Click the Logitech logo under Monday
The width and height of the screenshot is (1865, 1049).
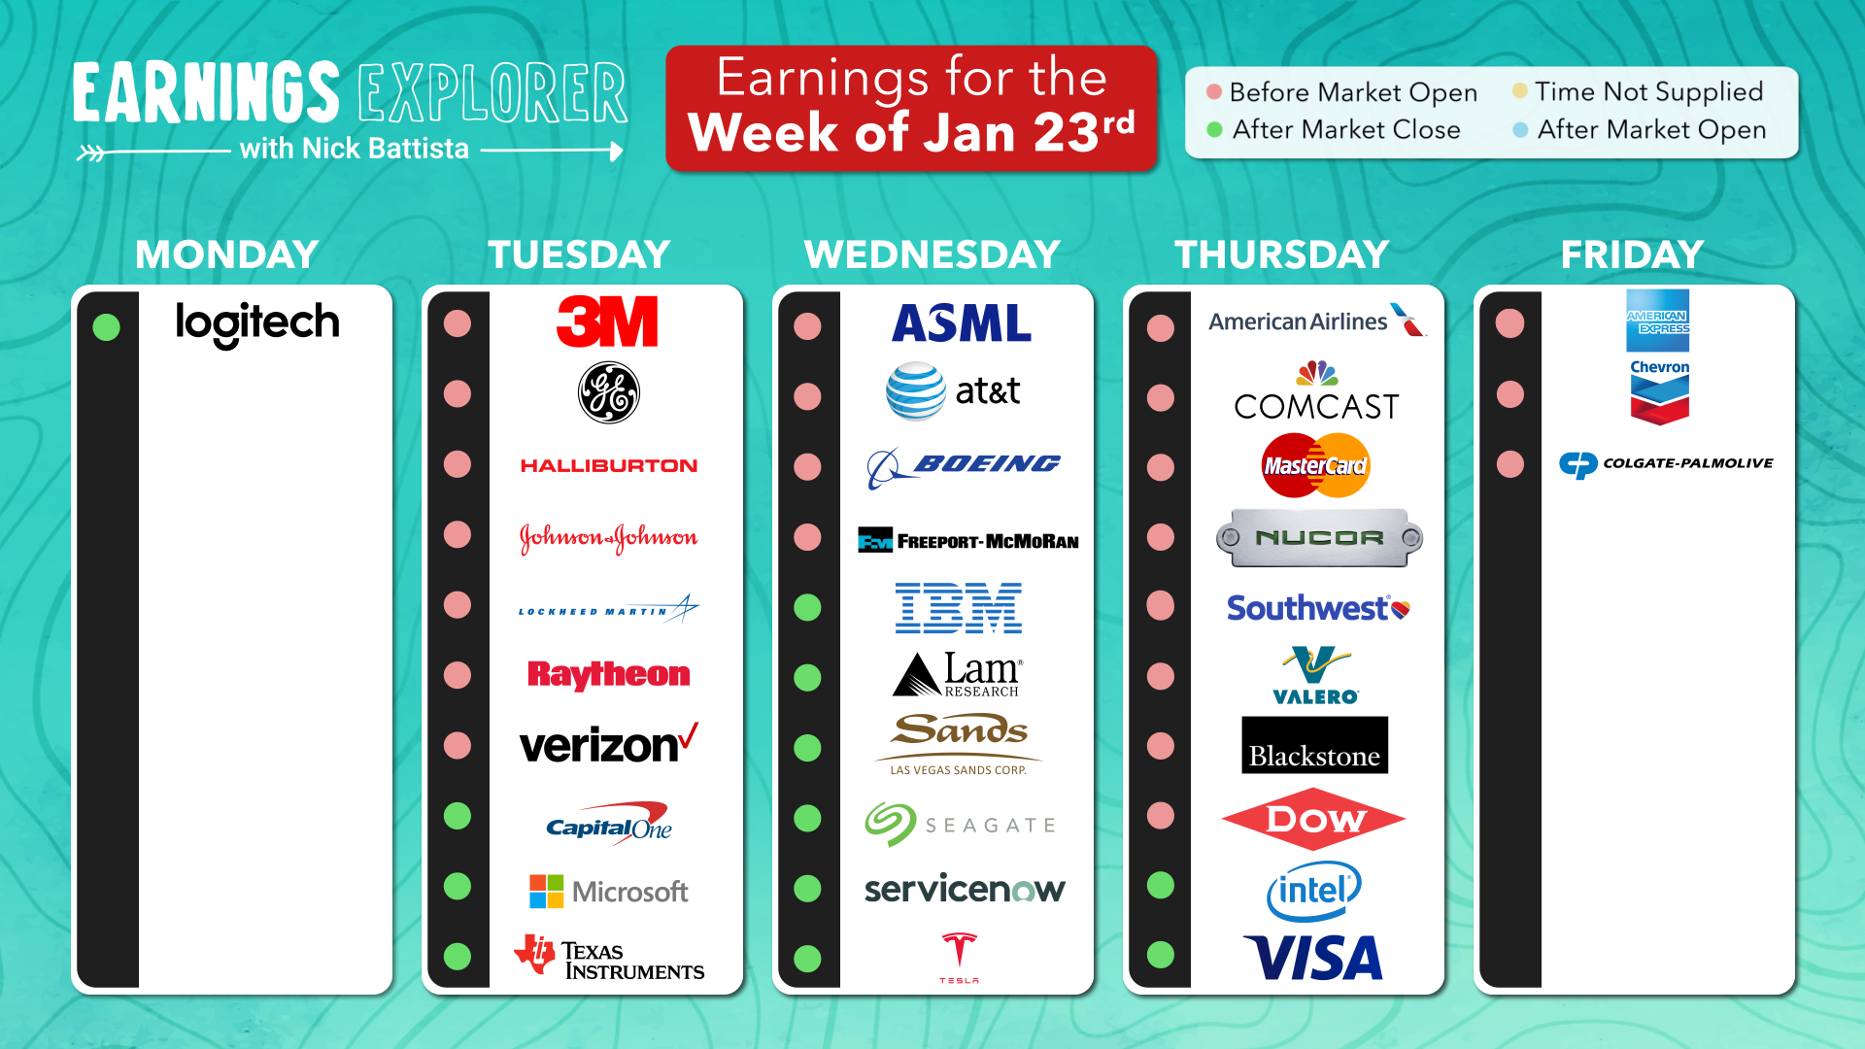pos(257,323)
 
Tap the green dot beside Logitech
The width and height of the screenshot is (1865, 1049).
pos(106,327)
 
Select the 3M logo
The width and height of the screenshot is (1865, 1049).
pos(607,321)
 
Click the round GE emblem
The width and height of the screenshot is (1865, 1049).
pos(609,393)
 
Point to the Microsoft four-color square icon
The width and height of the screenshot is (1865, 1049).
pos(546,892)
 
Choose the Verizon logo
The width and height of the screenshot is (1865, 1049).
pos(609,744)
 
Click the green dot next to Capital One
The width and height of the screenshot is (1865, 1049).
pos(458,816)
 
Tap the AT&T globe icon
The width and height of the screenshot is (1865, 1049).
pos(915,391)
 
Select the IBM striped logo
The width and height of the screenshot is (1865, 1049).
pos(959,608)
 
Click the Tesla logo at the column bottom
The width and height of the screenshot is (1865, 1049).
pos(959,958)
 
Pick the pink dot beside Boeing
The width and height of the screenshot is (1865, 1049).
pos(807,467)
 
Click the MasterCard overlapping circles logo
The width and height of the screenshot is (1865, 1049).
pos(1315,465)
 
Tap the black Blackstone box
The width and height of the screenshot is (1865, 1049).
pos(1314,745)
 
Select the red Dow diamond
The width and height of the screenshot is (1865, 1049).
pos(1313,819)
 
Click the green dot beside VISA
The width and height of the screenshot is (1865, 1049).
pos(1160,955)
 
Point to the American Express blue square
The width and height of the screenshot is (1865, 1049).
pos(1658,321)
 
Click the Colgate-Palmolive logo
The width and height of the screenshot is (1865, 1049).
pos(1667,464)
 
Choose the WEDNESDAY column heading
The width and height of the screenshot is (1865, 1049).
pos(932,254)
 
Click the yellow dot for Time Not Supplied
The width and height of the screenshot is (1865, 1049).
pos(1519,91)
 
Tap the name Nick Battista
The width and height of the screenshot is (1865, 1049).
pos(386,149)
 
